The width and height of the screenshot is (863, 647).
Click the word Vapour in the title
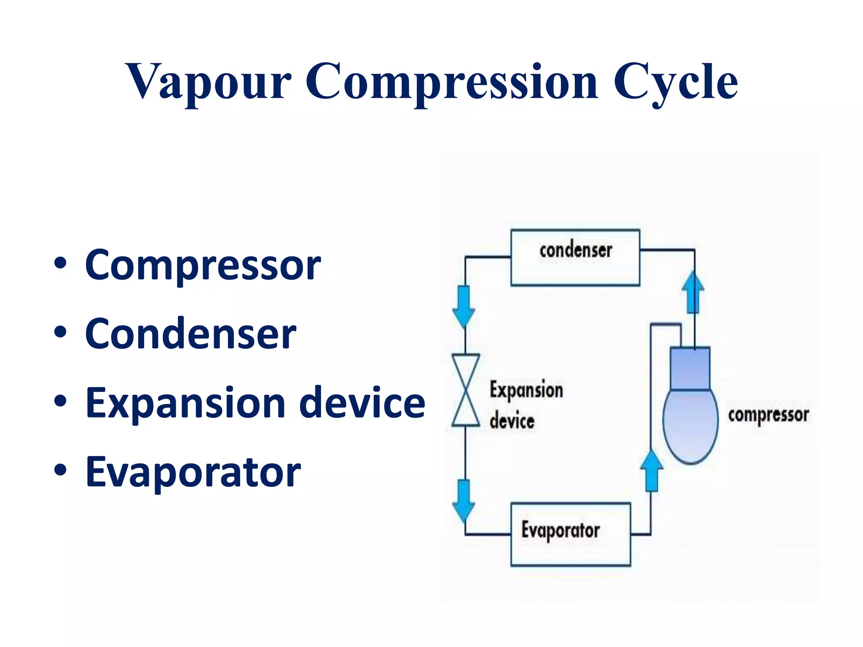(x=208, y=82)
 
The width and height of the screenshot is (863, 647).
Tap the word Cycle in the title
(x=675, y=82)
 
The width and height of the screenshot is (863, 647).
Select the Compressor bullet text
(x=203, y=265)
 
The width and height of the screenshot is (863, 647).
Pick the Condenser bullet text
(x=190, y=334)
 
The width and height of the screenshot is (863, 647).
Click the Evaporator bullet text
(x=193, y=472)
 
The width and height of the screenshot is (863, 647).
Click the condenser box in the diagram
(x=575, y=258)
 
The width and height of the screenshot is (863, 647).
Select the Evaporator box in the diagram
(x=570, y=534)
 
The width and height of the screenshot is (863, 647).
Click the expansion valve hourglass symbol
(x=466, y=390)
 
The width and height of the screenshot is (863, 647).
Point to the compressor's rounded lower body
(x=690, y=425)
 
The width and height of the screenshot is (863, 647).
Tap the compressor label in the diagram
(x=768, y=415)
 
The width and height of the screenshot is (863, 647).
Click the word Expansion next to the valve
(x=526, y=390)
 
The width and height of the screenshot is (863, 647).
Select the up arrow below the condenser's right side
(x=693, y=292)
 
